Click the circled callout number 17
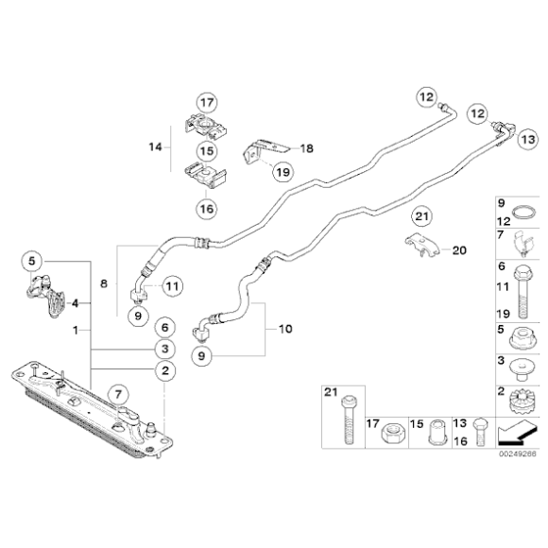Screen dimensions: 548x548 [207, 103]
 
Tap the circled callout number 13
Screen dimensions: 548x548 [527, 140]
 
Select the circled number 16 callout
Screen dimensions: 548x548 [207, 209]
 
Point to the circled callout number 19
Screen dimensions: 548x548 [283, 172]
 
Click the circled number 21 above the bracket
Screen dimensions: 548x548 [421, 216]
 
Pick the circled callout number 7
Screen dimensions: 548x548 [118, 395]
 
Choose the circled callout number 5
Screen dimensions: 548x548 [32, 261]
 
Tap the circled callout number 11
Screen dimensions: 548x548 [172, 286]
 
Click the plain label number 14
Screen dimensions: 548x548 [156, 147]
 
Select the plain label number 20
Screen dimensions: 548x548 [459, 250]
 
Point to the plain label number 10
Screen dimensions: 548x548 [285, 329]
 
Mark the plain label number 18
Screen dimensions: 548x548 [307, 148]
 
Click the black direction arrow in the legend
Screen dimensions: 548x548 [516, 433]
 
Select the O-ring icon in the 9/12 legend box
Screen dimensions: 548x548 [523, 213]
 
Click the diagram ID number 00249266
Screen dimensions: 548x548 [517, 454]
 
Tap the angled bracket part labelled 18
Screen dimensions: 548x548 [265, 150]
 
